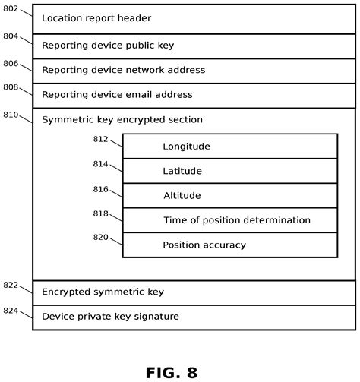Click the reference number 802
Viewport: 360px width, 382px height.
(x=11, y=9)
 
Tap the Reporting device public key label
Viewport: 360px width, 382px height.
(x=108, y=46)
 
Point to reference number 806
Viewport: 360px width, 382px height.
(x=11, y=64)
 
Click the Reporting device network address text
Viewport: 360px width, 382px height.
(x=123, y=70)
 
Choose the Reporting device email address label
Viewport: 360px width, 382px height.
(x=117, y=95)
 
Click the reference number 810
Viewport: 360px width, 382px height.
(x=11, y=114)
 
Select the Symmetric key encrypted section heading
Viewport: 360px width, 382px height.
(x=122, y=120)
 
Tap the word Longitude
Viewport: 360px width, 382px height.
(x=186, y=147)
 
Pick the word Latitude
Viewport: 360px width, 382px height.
(x=182, y=172)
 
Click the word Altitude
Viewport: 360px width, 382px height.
(x=182, y=196)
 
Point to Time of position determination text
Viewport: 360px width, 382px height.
(x=237, y=220)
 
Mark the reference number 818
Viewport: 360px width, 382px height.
(x=101, y=213)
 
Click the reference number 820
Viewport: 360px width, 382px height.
(x=101, y=237)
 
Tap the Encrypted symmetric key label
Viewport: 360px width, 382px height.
(x=103, y=292)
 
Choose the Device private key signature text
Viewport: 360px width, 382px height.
(x=110, y=317)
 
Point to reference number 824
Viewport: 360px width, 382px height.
(x=11, y=310)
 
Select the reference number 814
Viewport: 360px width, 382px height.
(x=101, y=164)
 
